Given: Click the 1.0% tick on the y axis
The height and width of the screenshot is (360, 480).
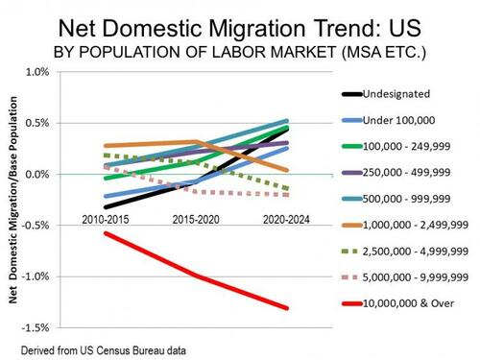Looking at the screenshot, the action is [37, 72].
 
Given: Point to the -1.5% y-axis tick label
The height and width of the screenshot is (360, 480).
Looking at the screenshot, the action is [36, 327].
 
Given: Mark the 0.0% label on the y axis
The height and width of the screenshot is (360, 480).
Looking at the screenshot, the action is [37, 175].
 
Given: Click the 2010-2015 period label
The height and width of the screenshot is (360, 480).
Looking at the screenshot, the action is [106, 220].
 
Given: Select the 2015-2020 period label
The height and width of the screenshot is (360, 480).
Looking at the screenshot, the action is [196, 220].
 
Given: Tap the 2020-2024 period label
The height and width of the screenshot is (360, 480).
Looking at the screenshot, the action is [286, 220].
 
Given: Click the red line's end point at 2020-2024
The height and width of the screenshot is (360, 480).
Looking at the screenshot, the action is [287, 308].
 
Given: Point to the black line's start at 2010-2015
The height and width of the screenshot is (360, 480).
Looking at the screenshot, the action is [106, 207].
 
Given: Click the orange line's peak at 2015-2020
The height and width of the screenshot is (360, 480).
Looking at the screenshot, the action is [196, 141].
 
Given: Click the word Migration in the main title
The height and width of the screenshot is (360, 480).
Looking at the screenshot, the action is [258, 29].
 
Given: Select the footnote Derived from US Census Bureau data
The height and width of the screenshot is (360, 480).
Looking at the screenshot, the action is [104, 350].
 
